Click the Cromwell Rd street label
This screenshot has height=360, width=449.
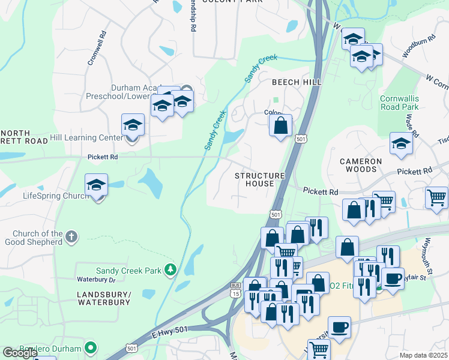[x=96, y=48]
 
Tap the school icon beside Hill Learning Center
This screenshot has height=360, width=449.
[x=133, y=125]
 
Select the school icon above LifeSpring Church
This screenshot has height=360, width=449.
[x=96, y=185]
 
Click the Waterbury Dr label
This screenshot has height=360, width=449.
[x=95, y=280]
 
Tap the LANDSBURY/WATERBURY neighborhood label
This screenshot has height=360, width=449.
[x=104, y=298]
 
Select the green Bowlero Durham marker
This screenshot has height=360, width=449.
[x=91, y=347]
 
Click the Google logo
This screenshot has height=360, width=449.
[x=20, y=353]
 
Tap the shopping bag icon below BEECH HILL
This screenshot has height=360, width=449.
[x=280, y=126]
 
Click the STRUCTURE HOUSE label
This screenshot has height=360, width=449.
[x=259, y=179]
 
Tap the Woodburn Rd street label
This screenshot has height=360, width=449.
[x=414, y=49]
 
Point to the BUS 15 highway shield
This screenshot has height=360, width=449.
[x=235, y=290]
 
